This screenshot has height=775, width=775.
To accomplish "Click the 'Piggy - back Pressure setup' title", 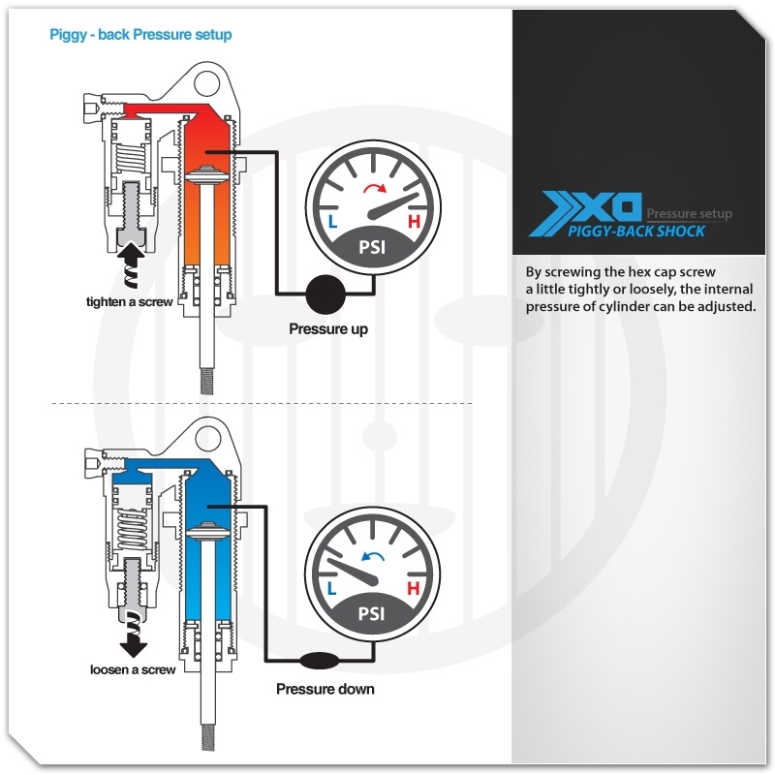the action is pyautogui.click(x=140, y=35).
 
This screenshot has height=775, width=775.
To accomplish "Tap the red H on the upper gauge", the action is pyautogui.click(x=414, y=222).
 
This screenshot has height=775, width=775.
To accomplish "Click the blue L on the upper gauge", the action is pyautogui.click(x=332, y=222).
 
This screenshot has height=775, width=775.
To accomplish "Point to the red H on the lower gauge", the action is pyautogui.click(x=414, y=588).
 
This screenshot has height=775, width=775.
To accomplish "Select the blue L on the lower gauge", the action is pyautogui.click(x=331, y=588).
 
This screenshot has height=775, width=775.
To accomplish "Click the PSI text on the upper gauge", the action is pyautogui.click(x=372, y=247).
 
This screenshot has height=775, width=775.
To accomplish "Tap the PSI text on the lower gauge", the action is pyautogui.click(x=371, y=613).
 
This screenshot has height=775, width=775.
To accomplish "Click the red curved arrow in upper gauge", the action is pyautogui.click(x=375, y=188).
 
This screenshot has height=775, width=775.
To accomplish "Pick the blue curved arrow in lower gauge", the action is pyautogui.click(x=373, y=556).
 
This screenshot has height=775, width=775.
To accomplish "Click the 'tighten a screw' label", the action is pyautogui.click(x=130, y=302).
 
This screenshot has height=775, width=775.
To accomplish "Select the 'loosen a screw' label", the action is pyautogui.click(x=133, y=669).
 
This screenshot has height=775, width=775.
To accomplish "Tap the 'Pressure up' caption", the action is pyautogui.click(x=328, y=329).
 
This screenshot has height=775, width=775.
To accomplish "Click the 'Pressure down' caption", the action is pyautogui.click(x=325, y=689).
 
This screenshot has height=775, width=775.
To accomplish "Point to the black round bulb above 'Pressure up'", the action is pyautogui.click(x=325, y=294).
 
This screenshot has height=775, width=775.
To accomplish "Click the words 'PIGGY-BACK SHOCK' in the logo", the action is pyautogui.click(x=636, y=232).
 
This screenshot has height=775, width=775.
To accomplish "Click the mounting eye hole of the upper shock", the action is pyautogui.click(x=207, y=84).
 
